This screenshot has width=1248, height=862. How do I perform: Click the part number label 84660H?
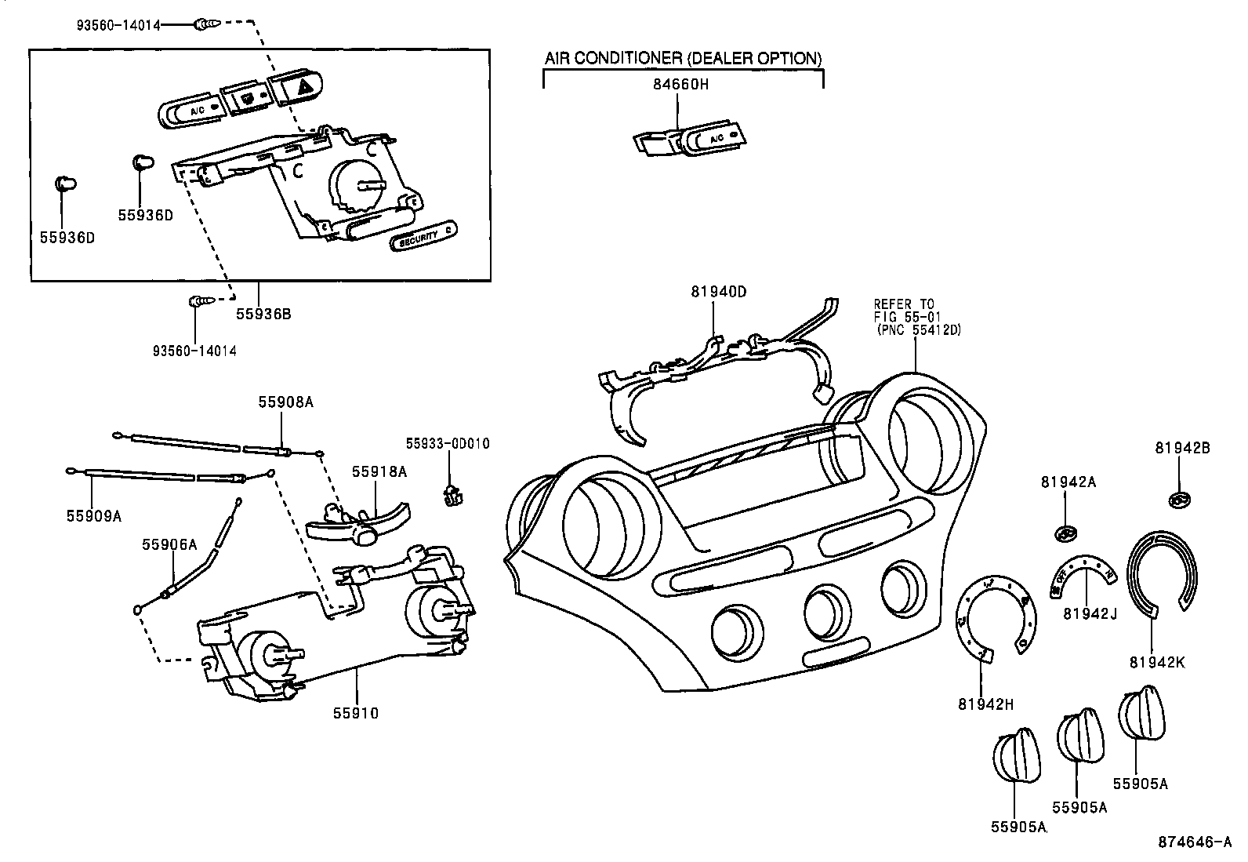(682, 83)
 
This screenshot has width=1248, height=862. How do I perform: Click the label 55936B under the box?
(263, 314)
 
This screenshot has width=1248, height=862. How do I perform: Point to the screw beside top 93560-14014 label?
(203, 25)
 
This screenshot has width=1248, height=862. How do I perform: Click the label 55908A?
(285, 402)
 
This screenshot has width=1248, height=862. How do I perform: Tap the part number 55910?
(355, 713)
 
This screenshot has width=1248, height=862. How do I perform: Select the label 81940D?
(718, 292)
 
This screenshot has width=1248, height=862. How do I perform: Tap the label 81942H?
(985, 704)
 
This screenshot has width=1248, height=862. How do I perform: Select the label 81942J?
(1090, 613)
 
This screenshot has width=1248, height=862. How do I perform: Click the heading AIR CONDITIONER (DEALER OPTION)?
(683, 58)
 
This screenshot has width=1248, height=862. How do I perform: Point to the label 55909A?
(93, 515)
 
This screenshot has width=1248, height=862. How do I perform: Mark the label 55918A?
(379, 471)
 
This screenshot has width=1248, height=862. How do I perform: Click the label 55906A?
(169, 544)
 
